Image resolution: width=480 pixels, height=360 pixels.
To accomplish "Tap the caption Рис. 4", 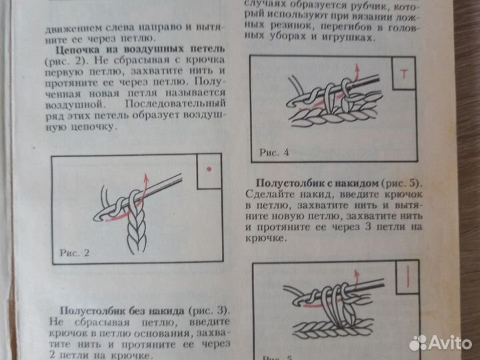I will [274, 152].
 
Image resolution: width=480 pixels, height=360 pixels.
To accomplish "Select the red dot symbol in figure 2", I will [209, 171].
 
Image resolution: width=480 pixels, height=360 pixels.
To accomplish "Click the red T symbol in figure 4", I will [404, 76].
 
